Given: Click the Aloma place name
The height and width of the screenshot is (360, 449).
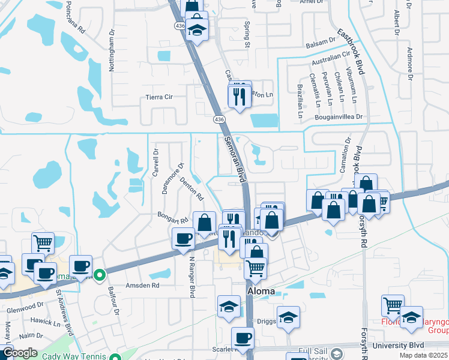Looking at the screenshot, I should click(x=262, y=291).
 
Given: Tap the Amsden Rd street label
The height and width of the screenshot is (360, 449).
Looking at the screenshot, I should click(x=141, y=286).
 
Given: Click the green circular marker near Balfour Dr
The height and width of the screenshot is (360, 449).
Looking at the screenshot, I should click(x=100, y=276).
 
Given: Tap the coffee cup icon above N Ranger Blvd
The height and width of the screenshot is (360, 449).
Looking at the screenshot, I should click(x=184, y=238).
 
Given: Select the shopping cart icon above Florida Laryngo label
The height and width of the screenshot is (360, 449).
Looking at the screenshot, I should click(x=393, y=305).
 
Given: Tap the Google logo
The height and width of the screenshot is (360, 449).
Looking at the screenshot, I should click(x=19, y=353).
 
